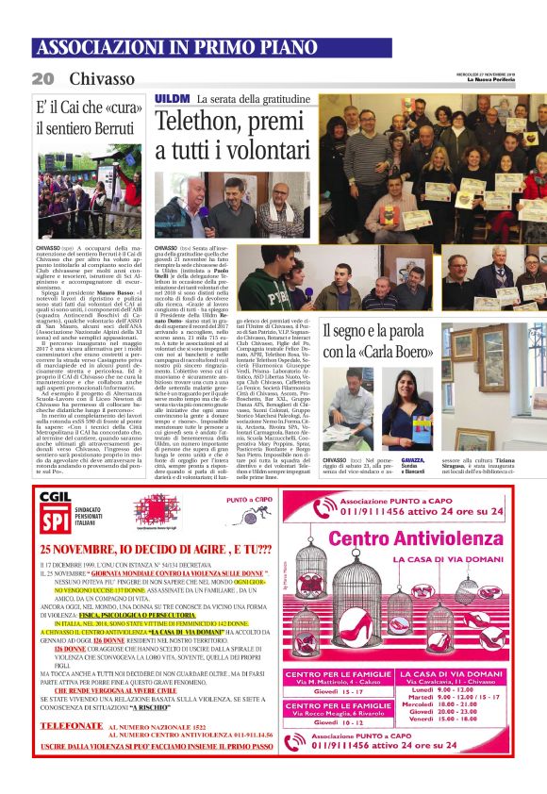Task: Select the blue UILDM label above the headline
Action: [x=172, y=98]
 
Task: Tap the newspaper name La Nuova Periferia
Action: [x=518, y=79]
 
